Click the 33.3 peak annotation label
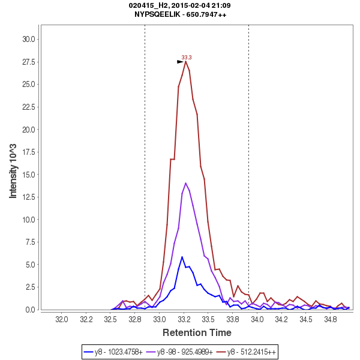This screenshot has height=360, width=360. click(x=187, y=58)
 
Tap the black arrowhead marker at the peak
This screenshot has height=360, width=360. click(x=180, y=62)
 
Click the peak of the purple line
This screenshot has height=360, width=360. click(x=186, y=183)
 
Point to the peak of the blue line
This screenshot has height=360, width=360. click(x=182, y=257)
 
